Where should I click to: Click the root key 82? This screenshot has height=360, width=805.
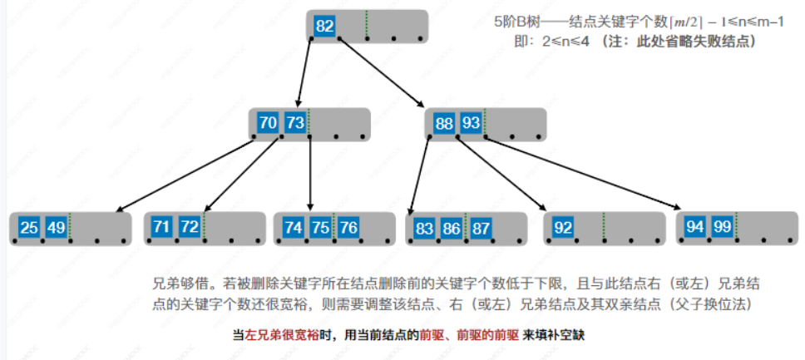(324, 26)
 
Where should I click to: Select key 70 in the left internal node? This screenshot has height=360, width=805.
(268, 123)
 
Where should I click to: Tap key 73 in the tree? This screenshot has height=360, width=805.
(295, 123)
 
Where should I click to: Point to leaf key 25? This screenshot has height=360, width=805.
(29, 228)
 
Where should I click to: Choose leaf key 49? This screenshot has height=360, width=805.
(56, 228)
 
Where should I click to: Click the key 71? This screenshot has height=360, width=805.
(162, 227)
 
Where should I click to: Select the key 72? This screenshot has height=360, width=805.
(189, 227)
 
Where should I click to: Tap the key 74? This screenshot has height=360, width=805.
(293, 228)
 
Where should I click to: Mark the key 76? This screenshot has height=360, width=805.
(348, 228)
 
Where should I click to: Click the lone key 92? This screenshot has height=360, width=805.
(562, 228)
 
